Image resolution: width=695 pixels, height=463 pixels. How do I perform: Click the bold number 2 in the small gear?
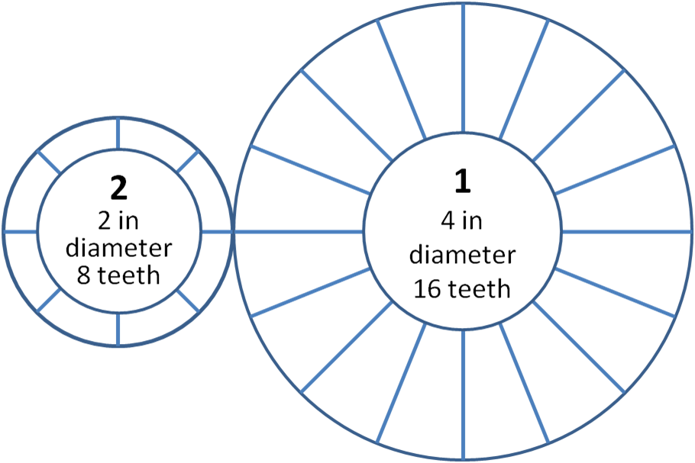coord(119,188)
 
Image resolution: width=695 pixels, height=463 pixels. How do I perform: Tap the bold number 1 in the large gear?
coord(463,182)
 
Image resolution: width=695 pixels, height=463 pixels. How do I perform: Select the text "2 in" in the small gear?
coord(118,220)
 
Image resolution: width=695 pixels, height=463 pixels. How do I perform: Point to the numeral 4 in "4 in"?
coord(448,220)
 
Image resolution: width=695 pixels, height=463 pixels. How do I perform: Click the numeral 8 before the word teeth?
coord(84,275)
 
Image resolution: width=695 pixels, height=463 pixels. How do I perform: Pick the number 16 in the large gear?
coord(428,289)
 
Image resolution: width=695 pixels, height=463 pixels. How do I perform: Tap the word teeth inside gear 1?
coord(479,289)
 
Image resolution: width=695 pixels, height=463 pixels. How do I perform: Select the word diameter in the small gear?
coord(118,248)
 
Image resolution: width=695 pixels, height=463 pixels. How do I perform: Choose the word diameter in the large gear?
coord(462,255)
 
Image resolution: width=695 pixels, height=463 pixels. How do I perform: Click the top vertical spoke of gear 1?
coord(463,68)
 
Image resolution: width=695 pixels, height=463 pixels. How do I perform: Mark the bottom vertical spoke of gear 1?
coord(463,395)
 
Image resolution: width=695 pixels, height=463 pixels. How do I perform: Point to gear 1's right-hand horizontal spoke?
coord(627,232)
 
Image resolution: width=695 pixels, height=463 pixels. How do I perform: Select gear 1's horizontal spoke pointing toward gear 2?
coord(299,232)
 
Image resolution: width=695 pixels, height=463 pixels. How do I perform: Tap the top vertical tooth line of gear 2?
coord(118,133)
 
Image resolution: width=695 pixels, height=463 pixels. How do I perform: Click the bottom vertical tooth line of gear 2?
coord(118,330)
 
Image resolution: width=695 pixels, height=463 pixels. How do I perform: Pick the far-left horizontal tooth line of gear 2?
coord(20,232)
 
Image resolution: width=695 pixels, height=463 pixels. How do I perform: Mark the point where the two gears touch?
coord(233,232)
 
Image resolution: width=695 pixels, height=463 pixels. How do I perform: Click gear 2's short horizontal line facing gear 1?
coord(216,232)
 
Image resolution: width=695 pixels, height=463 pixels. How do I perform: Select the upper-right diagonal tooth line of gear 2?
coord(187,162)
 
